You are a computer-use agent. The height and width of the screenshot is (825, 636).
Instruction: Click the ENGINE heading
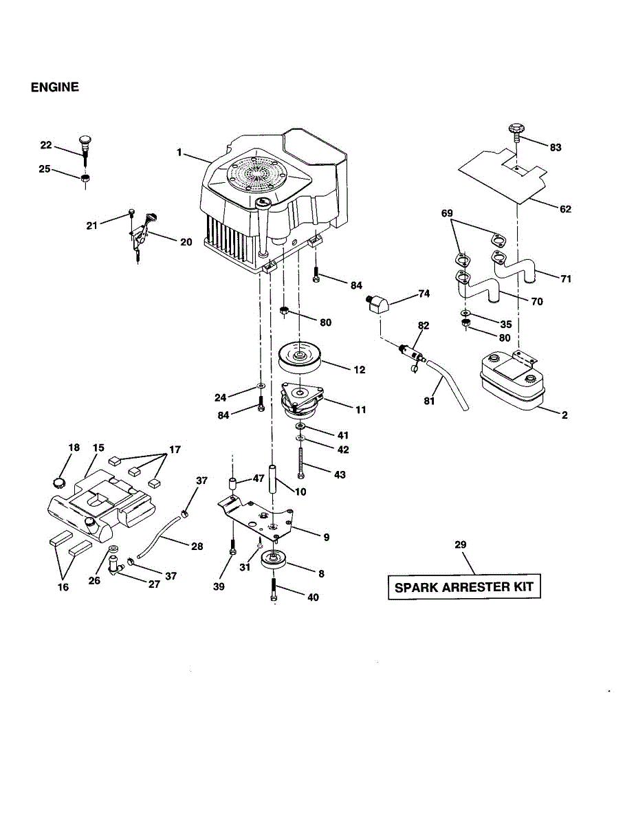pyautogui.click(x=55, y=87)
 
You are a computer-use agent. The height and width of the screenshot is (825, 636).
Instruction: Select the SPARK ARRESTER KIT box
pyautogui.click(x=464, y=588)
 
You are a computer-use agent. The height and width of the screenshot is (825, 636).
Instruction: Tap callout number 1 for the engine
pyautogui.click(x=179, y=153)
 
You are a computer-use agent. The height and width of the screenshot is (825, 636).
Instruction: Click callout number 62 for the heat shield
pyautogui.click(x=565, y=209)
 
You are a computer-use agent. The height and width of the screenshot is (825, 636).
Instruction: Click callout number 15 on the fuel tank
pyautogui.click(x=98, y=448)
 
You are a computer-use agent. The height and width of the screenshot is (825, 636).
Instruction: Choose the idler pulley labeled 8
pyautogui.click(x=275, y=563)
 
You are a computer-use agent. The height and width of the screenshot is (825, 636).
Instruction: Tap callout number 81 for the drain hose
pyautogui.click(x=429, y=401)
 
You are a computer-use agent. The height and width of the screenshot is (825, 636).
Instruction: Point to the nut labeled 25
pyautogui.click(x=85, y=179)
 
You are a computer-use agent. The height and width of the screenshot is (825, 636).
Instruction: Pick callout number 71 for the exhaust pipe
pyautogui.click(x=565, y=279)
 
